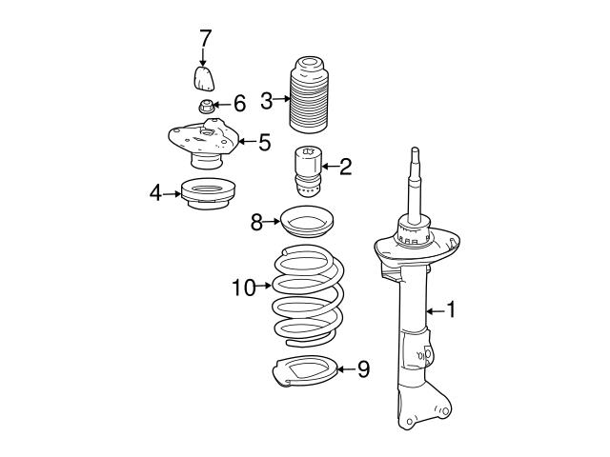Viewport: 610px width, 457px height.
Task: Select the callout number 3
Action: click(267, 98)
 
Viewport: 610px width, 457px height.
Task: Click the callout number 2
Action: click(345, 169)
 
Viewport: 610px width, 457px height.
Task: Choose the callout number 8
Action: click(256, 224)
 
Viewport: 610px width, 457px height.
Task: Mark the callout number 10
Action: click(244, 286)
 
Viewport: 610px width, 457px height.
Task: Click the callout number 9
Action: click(362, 368)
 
